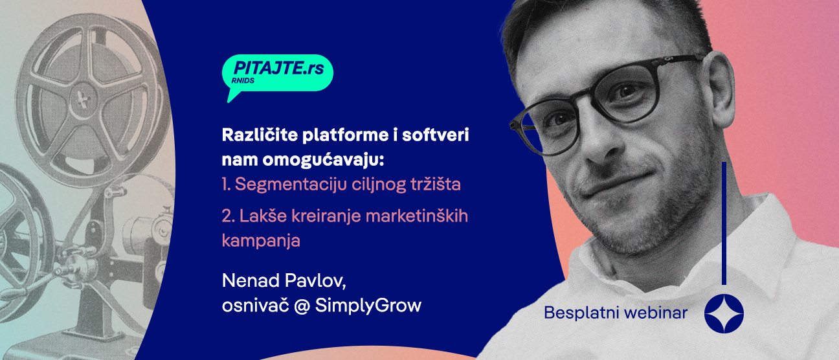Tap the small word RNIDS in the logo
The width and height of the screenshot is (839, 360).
[x=243, y=82]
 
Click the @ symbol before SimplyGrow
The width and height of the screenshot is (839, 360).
[x=302, y=305]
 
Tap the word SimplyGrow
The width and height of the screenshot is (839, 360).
[x=368, y=306]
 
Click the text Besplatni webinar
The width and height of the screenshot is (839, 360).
[x=616, y=313]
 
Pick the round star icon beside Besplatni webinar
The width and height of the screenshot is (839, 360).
[x=724, y=313]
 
